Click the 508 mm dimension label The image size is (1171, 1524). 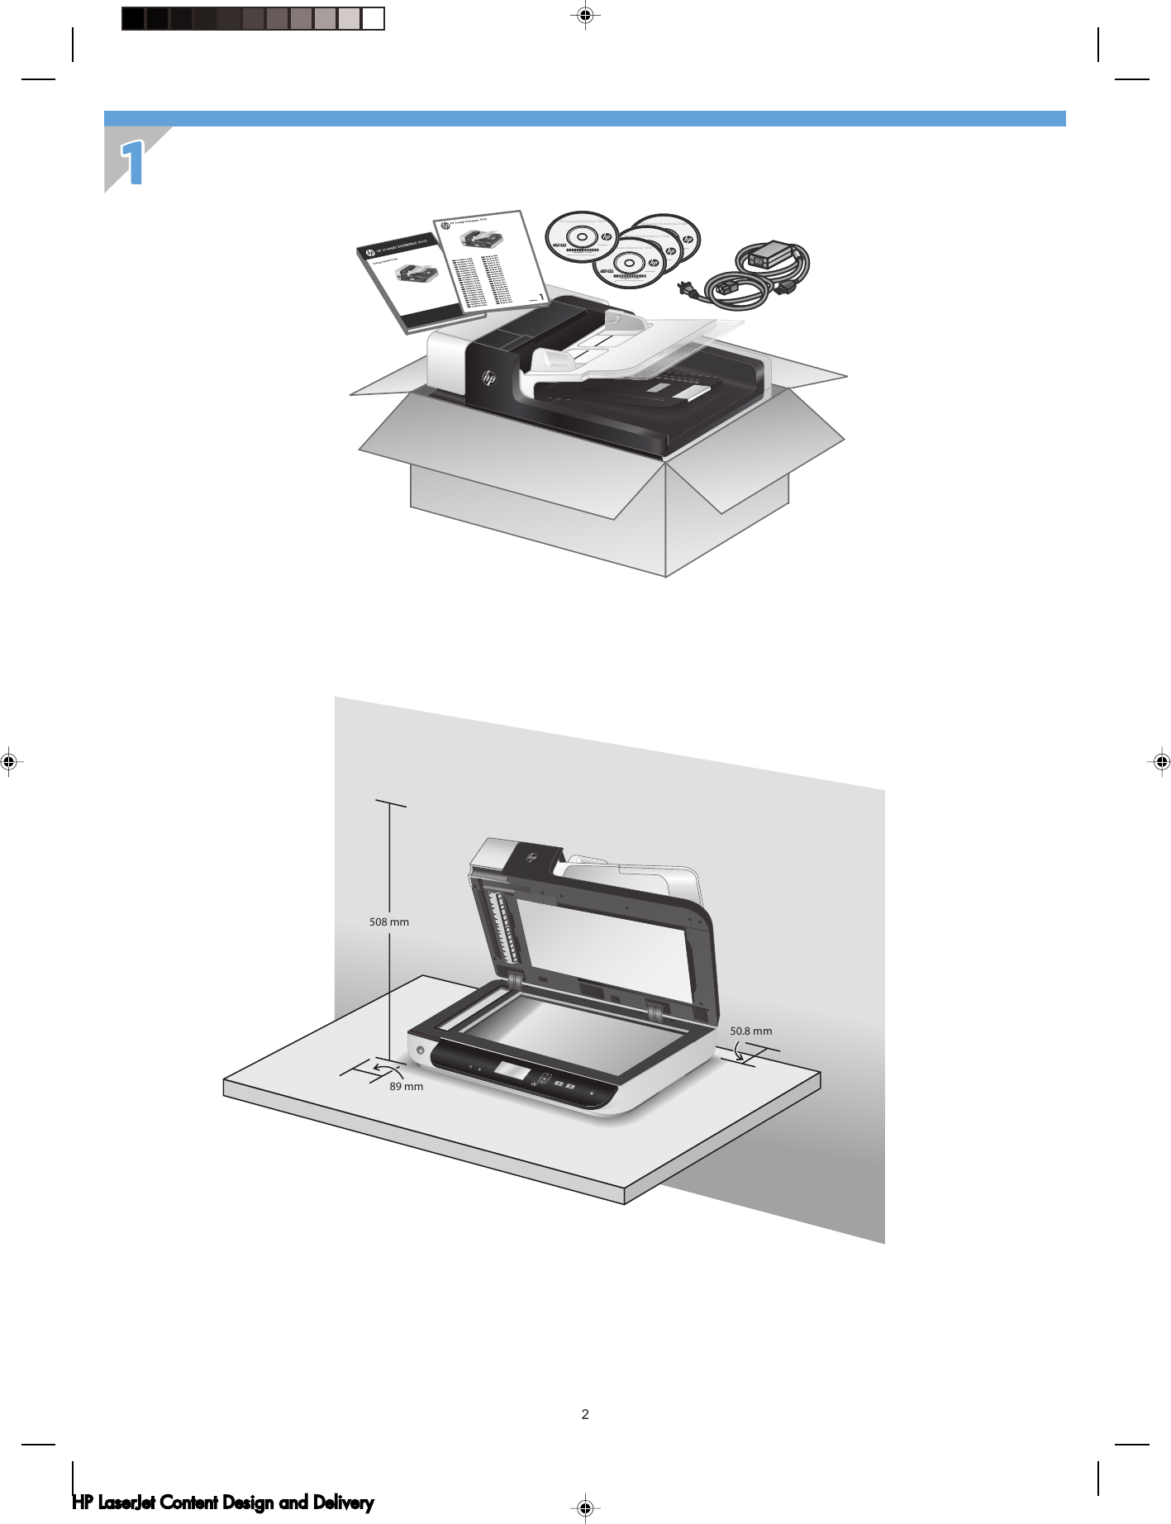tap(388, 922)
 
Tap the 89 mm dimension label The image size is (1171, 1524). tap(406, 1086)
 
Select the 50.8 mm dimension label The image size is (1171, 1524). tap(750, 1031)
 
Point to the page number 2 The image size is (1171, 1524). tap(585, 1414)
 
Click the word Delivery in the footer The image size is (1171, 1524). tap(343, 1503)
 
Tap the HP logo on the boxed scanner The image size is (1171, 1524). tap(488, 379)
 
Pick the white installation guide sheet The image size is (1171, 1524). tap(490, 260)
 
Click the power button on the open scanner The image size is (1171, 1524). tap(420, 1050)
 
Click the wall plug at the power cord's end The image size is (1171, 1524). tap(686, 288)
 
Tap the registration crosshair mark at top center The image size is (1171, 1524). tap(585, 15)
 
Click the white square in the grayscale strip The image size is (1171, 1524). tap(374, 18)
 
